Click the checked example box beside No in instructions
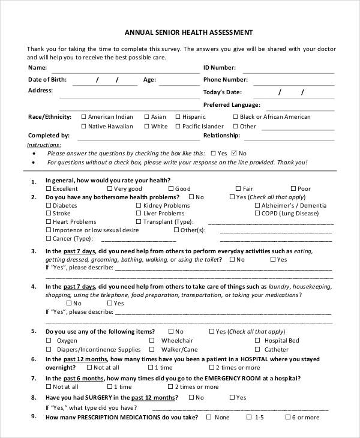[x=234, y=153]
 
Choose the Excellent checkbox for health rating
[x=49, y=188]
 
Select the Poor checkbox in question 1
[x=293, y=188]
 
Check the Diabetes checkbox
[x=49, y=205]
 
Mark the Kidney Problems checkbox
[x=139, y=205]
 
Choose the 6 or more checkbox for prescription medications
[x=288, y=417]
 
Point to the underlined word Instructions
[x=44, y=145]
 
